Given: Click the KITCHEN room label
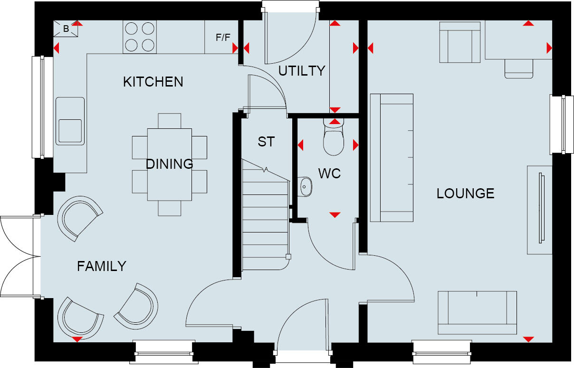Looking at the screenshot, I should coord(153,82).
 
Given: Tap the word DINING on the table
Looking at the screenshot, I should coord(169,164).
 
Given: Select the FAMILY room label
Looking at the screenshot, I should coord(102,266).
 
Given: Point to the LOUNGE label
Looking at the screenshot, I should coord(465,194).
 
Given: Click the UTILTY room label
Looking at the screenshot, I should coord(302,71).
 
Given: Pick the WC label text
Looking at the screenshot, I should coord(329,174).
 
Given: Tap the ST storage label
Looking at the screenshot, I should coord(266,142).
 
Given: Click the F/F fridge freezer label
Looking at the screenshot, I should coord(223,38).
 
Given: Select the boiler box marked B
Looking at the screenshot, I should coord(67,29).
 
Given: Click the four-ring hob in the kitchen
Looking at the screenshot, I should coord(140,37).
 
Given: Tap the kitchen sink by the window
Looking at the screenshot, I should coord(70,121).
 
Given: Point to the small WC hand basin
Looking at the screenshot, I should coord(306,187).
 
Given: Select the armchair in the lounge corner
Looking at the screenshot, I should coord(459,43).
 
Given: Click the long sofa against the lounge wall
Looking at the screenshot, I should coord(392,158).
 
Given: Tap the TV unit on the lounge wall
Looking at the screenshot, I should coord(539,210).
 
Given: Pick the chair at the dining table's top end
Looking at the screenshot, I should coord(170,121).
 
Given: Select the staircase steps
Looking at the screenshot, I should coord(265,219).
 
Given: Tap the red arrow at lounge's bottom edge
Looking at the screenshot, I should coord(527,339).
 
